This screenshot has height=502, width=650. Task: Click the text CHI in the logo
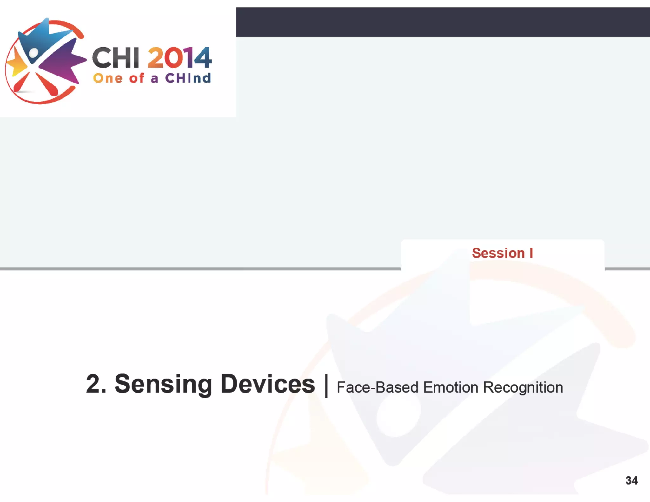pyautogui.click(x=116, y=58)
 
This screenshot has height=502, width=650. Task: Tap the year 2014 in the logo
pyautogui.click(x=179, y=58)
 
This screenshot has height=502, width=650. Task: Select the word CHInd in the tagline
pyautogui.click(x=188, y=78)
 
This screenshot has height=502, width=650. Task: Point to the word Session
pyautogui.click(x=498, y=253)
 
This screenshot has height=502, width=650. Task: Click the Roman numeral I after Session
pyautogui.click(x=531, y=253)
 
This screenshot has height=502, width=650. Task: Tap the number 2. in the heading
pyautogui.click(x=96, y=384)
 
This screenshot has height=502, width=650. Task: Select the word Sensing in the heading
pyautogui.click(x=163, y=385)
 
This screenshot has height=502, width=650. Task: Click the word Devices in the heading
pyautogui.click(x=267, y=384)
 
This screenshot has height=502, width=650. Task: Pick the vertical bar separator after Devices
pyautogui.click(x=326, y=386)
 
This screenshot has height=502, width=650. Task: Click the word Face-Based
pyautogui.click(x=377, y=387)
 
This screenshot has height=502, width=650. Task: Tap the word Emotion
pyautogui.click(x=451, y=387)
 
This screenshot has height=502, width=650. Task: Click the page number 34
pyautogui.click(x=631, y=480)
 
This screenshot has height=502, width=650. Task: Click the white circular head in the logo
pyautogui.click(x=34, y=53)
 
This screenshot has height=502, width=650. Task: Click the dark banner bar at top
pyautogui.click(x=443, y=22)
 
